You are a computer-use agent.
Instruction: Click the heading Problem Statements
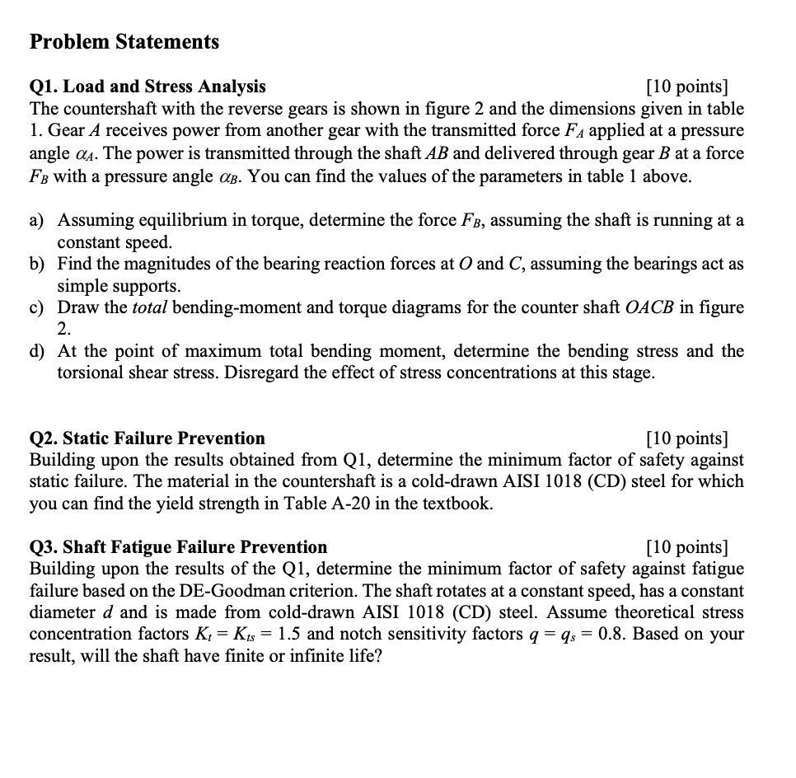coord(124,42)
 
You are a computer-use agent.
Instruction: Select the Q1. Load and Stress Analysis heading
coord(147,87)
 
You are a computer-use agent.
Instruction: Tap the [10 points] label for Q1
coord(688,87)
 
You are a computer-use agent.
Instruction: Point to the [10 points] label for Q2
coord(688,438)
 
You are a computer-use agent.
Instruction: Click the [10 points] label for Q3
coord(688,547)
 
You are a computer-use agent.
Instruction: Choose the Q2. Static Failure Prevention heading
coord(147,438)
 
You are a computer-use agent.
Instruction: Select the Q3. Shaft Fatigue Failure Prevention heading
coord(178,547)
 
